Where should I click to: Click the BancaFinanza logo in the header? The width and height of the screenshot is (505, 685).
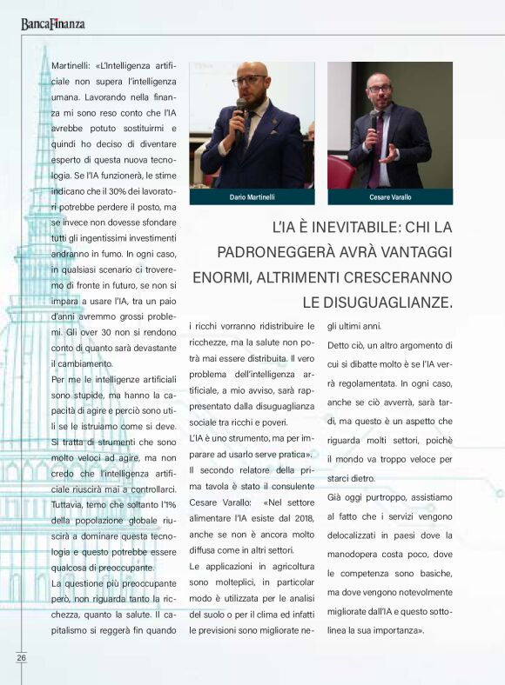tap(53, 23)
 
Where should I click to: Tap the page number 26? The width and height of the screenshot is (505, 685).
tap(21, 657)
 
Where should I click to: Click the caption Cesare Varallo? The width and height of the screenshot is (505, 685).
tap(390, 197)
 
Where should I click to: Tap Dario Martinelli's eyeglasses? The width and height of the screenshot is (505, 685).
tap(250, 80)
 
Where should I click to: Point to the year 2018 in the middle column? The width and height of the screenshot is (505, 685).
tap(301, 519)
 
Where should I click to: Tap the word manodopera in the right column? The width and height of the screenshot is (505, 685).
tap(358, 557)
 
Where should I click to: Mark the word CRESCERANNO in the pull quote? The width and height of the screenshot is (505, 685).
tap(402, 277)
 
